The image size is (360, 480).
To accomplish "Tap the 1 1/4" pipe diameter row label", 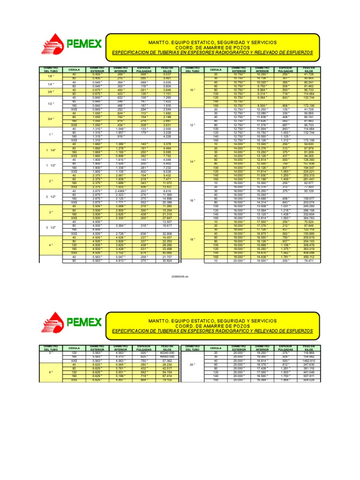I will click(x=50, y=150).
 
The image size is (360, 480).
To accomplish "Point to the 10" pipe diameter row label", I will click(x=192, y=90).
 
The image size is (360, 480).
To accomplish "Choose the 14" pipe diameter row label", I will click(x=192, y=162).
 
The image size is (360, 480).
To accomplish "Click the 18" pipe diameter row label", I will click(x=192, y=240).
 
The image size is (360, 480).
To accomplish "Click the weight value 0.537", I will click(x=167, y=75).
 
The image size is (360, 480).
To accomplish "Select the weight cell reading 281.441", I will click(x=308, y=179).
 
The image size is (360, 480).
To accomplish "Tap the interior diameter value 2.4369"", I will click(x=120, y=191).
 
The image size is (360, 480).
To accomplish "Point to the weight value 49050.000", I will click(x=167, y=356).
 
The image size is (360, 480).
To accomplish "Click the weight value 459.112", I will click(x=308, y=257).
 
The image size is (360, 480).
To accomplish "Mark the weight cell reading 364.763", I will click(x=308, y=218).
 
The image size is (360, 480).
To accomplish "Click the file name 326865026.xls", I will click(x=180, y=277).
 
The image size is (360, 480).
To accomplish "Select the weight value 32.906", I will click(x=167, y=233).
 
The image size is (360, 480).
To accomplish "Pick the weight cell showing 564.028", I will click(x=308, y=380).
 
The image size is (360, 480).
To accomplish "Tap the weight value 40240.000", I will click(x=167, y=352).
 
